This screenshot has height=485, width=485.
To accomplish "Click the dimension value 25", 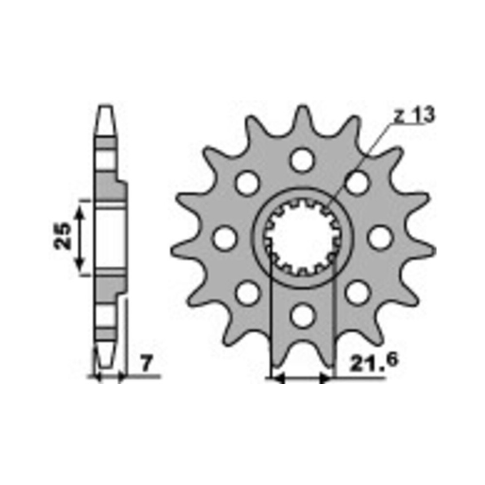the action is tap(62, 236).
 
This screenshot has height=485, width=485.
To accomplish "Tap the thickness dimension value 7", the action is tap(146, 364).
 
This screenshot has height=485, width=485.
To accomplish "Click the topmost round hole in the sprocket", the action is tap(302, 160).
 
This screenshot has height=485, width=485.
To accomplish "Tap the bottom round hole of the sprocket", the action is tap(302, 316).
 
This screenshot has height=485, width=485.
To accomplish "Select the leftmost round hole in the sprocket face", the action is tap(225, 238).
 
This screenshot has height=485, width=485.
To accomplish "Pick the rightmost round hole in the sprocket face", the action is tap(380, 238).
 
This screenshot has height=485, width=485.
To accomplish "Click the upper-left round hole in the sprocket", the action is tap(247, 183).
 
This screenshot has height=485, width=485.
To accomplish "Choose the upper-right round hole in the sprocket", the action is tap(357, 183).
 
